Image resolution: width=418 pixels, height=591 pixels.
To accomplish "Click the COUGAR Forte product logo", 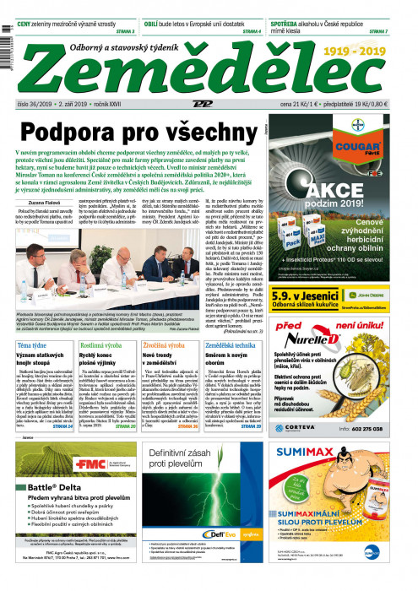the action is [x=366, y=144].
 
